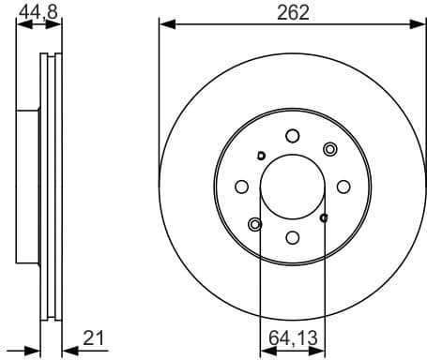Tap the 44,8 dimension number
pos(37,11)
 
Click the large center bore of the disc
pos(292,187)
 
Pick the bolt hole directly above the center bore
pos(292,134)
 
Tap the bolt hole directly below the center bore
pos(292,238)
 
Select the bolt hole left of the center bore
pos(240,187)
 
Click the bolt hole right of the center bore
pos(343,187)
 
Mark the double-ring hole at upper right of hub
pos(329,149)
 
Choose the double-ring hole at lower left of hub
pos(254,224)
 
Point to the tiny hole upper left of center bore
pos(261,156)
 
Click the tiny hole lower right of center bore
pos(324,217)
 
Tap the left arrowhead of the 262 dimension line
pos(165,22)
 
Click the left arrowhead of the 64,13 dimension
pos(264,352)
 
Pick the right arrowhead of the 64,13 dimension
pos(320,352)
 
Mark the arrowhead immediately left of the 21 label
pos(68,352)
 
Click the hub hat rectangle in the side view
pos(27,187)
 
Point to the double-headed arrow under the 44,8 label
pos(39,27)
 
